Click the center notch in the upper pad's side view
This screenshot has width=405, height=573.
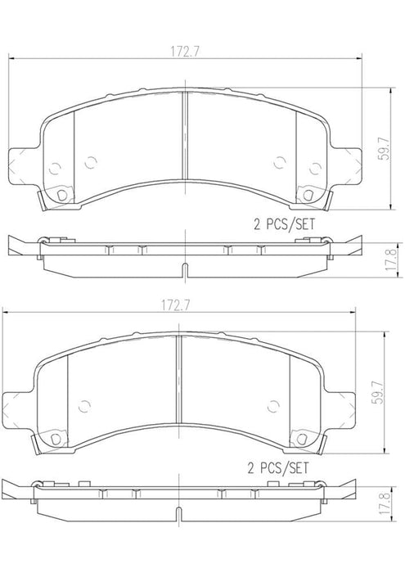pyautogui.click(x=186, y=271)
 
